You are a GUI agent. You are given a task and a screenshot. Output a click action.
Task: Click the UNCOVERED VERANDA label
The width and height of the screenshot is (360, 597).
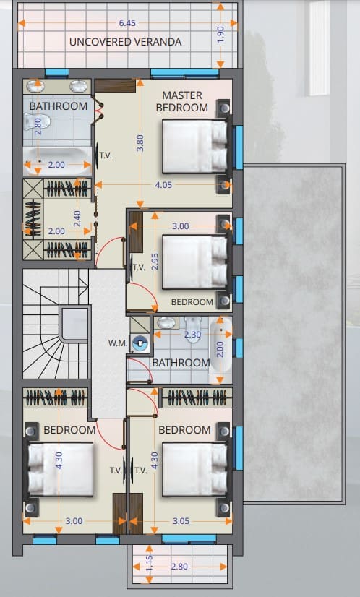[125, 42]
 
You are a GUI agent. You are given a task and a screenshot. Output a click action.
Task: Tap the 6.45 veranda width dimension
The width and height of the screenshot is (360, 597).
[127, 23]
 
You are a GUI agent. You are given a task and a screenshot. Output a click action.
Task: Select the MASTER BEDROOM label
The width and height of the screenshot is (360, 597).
[182, 101]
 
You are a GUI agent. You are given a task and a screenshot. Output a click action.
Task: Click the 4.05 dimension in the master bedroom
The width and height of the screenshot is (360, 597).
[163, 185]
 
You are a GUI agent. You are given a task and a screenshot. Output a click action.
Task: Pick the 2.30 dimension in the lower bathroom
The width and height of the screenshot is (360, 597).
[192, 335]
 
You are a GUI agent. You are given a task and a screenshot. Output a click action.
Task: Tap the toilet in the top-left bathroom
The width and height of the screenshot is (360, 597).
[37, 122]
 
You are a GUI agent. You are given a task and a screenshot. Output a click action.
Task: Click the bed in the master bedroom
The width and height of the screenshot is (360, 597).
[195, 147]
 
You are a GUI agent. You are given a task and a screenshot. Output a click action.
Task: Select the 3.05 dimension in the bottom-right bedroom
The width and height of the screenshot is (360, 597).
[181, 521]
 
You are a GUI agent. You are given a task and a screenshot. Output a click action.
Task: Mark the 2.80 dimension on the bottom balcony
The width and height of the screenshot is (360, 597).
[179, 567]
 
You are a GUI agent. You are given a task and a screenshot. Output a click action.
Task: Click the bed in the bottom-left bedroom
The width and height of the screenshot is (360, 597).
[60, 469]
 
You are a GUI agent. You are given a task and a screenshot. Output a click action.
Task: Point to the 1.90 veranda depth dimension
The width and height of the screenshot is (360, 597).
[220, 35]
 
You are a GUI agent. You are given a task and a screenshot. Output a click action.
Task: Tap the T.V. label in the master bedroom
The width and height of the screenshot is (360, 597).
[106, 155]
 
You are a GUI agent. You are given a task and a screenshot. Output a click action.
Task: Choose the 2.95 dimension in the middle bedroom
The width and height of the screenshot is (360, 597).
[155, 262]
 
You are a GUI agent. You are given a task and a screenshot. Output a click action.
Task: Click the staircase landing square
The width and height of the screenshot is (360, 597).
[75, 324]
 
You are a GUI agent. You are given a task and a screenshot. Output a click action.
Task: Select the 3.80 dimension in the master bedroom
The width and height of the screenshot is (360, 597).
[140, 143]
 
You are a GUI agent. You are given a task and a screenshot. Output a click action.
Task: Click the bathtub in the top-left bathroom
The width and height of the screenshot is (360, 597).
[57, 160]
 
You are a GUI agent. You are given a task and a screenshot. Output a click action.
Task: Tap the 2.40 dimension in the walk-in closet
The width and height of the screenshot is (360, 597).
[77, 219]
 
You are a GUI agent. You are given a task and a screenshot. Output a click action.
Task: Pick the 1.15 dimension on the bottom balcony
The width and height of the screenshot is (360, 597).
[150, 564]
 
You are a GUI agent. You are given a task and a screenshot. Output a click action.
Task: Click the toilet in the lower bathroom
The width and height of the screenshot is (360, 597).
[193, 330]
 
